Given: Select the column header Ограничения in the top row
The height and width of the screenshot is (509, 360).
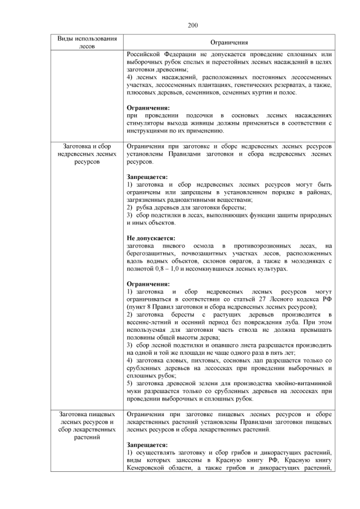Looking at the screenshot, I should [x=229, y=43].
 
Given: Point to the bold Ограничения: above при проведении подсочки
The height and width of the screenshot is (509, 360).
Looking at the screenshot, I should [x=148, y=107].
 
